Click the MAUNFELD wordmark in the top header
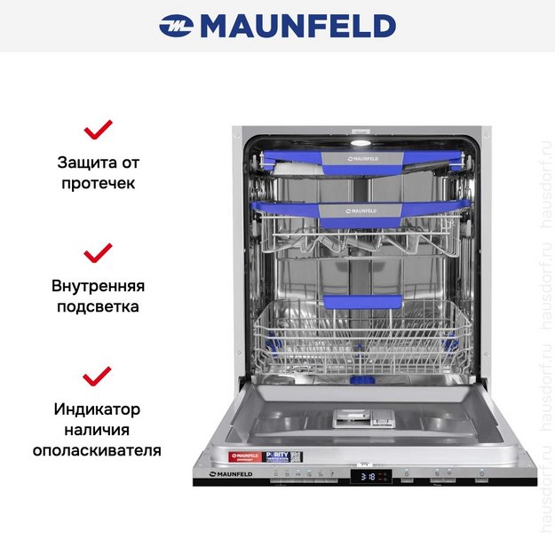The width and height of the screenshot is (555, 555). pyautogui.click(x=297, y=26)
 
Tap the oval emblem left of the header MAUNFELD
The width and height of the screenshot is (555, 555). pyautogui.click(x=176, y=27)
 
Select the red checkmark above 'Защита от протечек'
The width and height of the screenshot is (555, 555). pyautogui.click(x=98, y=131)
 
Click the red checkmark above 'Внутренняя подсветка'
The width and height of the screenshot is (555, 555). pyautogui.click(x=98, y=253)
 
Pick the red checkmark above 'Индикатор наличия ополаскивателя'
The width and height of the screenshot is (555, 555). pyautogui.click(x=98, y=376)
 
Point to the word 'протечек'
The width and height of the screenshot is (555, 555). pyautogui.click(x=98, y=184)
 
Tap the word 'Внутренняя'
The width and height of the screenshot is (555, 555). pyautogui.click(x=98, y=286)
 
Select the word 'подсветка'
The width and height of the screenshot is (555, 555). pyautogui.click(x=98, y=307)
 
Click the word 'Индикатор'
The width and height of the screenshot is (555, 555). pyautogui.click(x=98, y=408)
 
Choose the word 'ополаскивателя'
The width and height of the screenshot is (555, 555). pyautogui.click(x=98, y=450)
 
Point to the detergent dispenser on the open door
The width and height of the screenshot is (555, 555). pyautogui.click(x=363, y=416)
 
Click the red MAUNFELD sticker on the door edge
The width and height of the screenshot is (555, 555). pyautogui.click(x=244, y=457)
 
